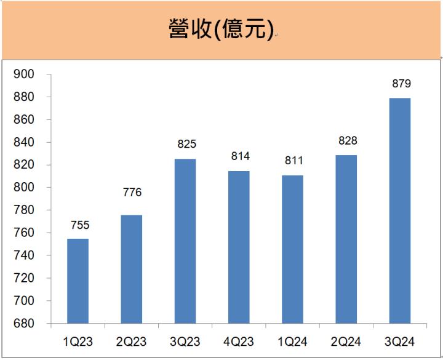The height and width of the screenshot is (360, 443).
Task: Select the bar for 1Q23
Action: tap(78, 281)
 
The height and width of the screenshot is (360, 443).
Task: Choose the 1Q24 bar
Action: tap(293, 249)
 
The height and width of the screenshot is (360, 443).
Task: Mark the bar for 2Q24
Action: tap(346, 239)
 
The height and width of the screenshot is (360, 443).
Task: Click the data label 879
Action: tap(401, 84)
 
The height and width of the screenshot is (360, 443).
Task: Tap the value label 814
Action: tap(239, 157)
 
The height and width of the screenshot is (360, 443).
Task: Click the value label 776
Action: tap(132, 193)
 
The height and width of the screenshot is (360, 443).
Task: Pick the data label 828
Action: tap(346, 141)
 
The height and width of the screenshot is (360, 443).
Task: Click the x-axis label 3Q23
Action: tap(185, 341)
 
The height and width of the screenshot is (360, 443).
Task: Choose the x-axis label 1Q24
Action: tap(293, 341)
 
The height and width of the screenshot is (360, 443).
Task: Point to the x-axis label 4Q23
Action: tap(239, 341)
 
